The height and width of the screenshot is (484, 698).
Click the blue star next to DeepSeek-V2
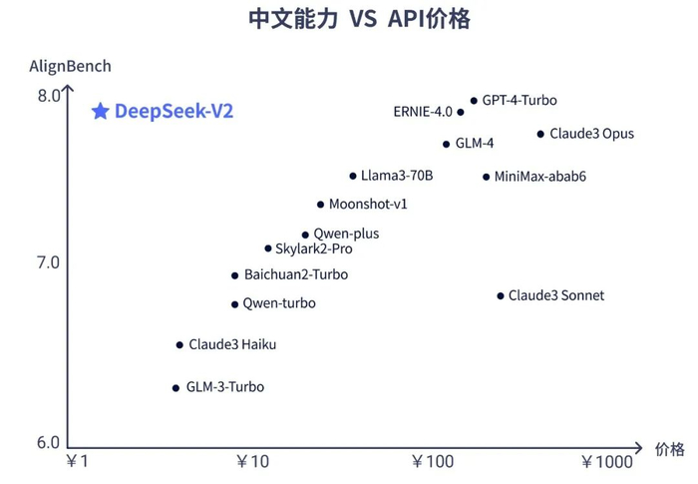click(x=100, y=112)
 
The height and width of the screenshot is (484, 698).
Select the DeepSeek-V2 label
click(x=174, y=112)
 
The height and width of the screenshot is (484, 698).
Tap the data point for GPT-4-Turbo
click(x=474, y=101)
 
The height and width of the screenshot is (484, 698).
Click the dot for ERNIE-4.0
click(x=461, y=112)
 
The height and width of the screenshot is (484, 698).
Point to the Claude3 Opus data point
click(x=540, y=134)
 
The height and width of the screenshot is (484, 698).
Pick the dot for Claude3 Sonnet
click(x=501, y=295)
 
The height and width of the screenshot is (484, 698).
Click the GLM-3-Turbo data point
click(x=176, y=387)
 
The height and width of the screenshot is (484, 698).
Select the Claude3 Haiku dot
click(x=179, y=345)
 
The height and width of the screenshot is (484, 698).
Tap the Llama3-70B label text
click(x=397, y=176)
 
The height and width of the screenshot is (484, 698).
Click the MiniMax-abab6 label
click(x=540, y=177)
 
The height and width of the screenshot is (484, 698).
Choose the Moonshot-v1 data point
click(x=320, y=205)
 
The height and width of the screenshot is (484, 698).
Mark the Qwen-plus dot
click(x=305, y=235)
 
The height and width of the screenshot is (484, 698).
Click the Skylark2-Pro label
click(x=314, y=248)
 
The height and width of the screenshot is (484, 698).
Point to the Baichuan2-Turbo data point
click(x=234, y=275)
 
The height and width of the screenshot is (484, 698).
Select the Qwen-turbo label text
click(x=280, y=303)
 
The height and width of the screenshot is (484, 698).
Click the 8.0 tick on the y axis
click(x=49, y=96)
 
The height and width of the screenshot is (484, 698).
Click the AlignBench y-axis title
click(x=70, y=66)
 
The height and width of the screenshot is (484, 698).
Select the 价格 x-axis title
click(x=670, y=449)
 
